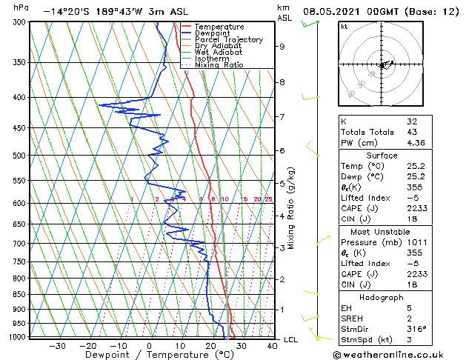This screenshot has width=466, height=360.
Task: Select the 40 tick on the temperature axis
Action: (272, 345)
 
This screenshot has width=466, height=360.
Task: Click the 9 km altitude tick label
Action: (282, 47)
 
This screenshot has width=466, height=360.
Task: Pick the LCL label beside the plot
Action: (291, 339)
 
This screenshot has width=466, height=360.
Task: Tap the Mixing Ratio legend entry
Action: (219, 64)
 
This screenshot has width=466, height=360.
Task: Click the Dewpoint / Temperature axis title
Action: (149, 355)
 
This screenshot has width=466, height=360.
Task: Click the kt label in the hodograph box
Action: (344, 27)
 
